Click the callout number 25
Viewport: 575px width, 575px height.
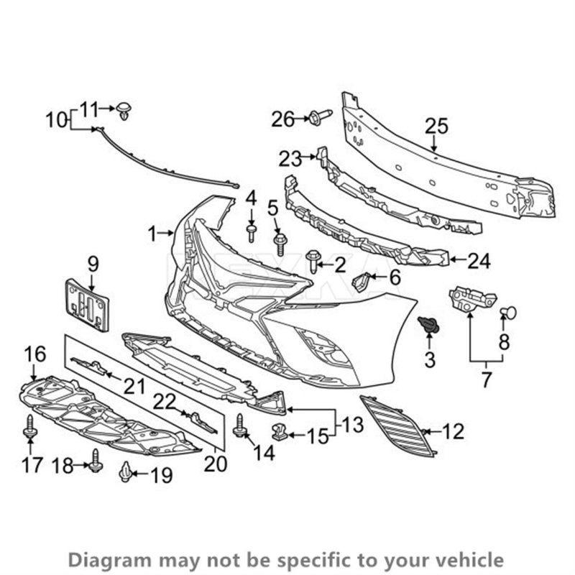tap(436, 126)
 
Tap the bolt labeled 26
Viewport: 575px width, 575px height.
tap(319, 116)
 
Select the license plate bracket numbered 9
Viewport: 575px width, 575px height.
tap(87, 305)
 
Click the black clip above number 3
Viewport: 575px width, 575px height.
tap(429, 326)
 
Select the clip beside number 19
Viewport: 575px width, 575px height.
tap(126, 471)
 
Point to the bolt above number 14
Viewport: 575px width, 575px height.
tap(240, 426)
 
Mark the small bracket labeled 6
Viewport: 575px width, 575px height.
tap(363, 282)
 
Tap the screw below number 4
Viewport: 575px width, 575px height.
tap(252, 231)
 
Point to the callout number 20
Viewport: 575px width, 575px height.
tap(215, 464)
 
